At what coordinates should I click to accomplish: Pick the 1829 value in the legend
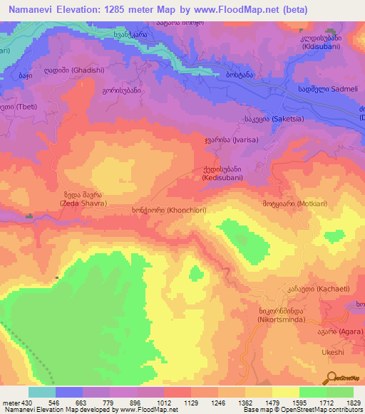tap(353, 403)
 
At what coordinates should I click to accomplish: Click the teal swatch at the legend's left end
tap(42, 392)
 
